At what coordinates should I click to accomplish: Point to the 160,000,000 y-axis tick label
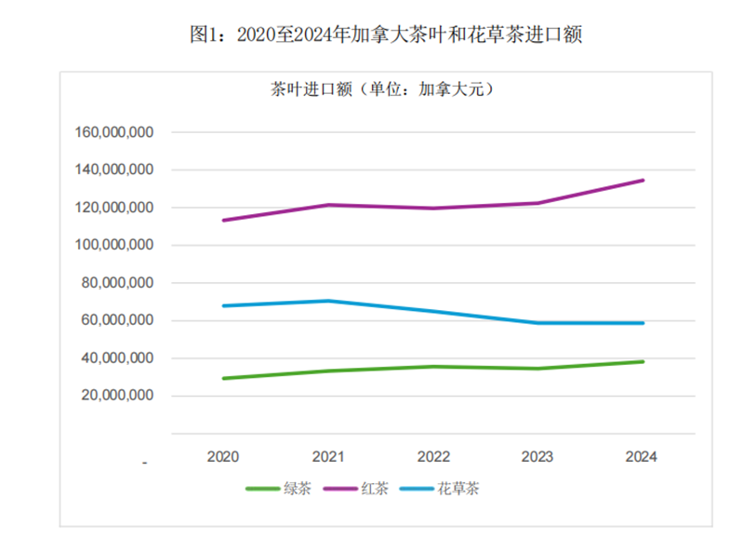[x=113, y=132]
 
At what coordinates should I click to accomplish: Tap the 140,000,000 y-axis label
[x=113, y=170]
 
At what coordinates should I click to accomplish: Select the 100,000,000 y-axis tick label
[x=113, y=245]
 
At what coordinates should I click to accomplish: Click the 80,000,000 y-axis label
[x=117, y=283]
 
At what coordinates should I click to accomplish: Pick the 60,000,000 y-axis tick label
[x=117, y=320]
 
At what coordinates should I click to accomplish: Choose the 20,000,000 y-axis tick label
[x=117, y=396]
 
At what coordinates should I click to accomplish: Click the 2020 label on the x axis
[x=223, y=457]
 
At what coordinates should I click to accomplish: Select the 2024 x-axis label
[x=642, y=457]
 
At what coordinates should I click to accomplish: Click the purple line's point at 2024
[x=643, y=181]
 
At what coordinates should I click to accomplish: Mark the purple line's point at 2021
[x=328, y=205]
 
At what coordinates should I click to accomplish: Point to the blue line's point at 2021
[x=328, y=301]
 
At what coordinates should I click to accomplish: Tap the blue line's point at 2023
[x=537, y=323]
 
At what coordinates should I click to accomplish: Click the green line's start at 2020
[x=224, y=378]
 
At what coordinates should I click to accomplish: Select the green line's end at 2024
[x=643, y=361]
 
